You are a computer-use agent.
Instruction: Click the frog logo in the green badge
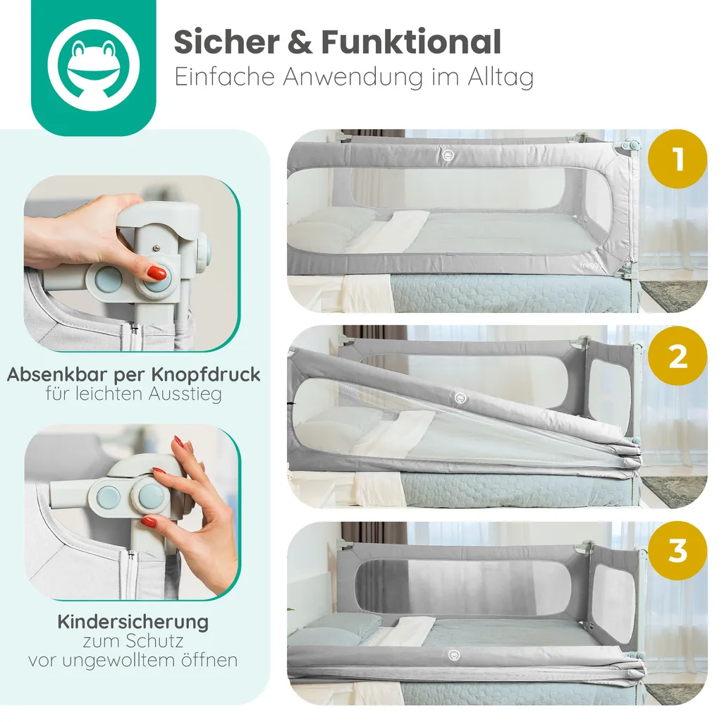[x=94, y=65]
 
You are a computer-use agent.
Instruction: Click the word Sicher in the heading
[x=226, y=42]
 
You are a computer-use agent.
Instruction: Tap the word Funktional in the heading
[x=411, y=42]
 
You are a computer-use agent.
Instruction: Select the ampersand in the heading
[x=300, y=42]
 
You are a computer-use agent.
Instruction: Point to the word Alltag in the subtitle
[x=501, y=78]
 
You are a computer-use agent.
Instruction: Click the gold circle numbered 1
[x=677, y=159]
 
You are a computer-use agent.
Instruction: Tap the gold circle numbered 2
[x=677, y=355]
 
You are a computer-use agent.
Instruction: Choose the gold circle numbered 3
[x=677, y=551]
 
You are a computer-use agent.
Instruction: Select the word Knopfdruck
[x=205, y=375]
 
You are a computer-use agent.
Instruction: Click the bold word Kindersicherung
[x=133, y=623]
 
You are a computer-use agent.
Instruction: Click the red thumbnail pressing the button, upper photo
[x=157, y=273]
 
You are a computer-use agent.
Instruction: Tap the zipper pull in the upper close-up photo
[x=134, y=329]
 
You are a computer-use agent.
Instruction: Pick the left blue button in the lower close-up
[x=109, y=496]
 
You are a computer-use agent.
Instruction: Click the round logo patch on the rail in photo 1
[x=448, y=154]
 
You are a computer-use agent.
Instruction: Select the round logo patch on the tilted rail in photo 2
[x=460, y=398]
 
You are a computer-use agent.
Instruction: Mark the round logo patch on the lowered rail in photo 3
[x=454, y=655]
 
